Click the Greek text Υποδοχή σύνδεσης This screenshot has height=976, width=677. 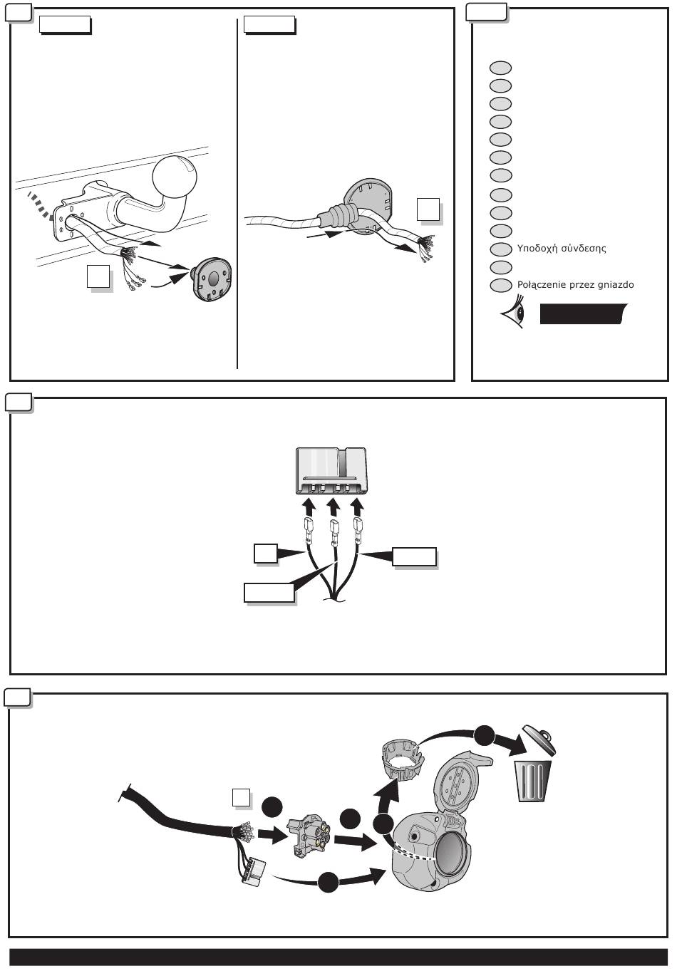561,249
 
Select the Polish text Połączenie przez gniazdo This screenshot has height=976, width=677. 574,285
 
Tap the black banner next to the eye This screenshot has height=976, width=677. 583,313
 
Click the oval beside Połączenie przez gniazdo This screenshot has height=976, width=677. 501,285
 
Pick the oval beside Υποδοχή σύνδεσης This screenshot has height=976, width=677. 501,249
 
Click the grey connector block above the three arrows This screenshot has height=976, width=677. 331,471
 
